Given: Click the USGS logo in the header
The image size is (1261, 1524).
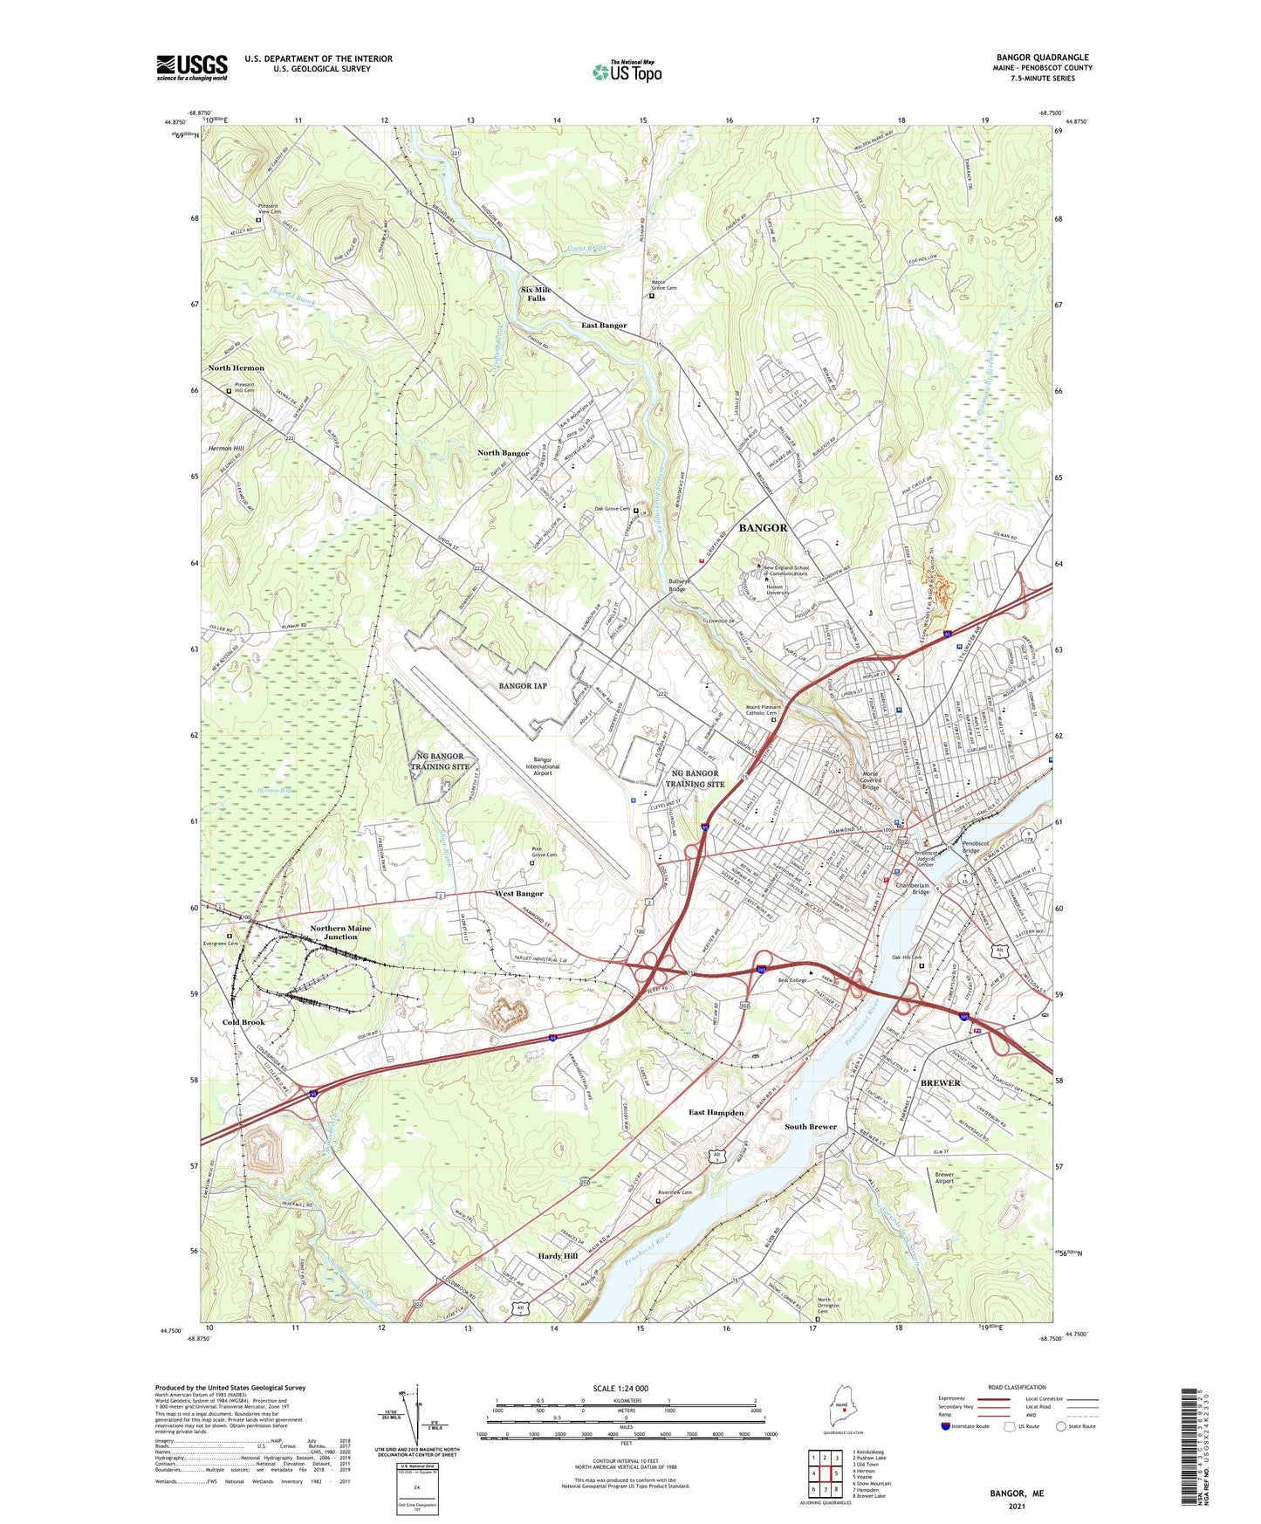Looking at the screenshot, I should (x=192, y=67).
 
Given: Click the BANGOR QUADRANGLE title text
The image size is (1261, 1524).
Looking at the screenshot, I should (x=1042, y=58).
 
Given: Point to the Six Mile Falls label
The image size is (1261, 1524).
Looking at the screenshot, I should (x=536, y=294).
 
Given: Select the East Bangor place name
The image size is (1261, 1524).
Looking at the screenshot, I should (x=604, y=326).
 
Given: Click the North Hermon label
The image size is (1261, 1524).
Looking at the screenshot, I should (x=236, y=368).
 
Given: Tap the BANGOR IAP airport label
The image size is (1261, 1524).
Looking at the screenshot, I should (x=523, y=686).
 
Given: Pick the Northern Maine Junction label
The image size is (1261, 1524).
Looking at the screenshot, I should (x=340, y=932).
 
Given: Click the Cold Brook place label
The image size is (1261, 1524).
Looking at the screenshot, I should (x=243, y=1022).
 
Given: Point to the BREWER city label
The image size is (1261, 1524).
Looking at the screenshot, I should (x=940, y=1082).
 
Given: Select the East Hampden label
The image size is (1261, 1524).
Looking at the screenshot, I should (x=716, y=1113).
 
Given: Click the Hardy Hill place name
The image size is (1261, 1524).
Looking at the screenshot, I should (x=558, y=1256).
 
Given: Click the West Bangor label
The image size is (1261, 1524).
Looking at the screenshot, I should (x=518, y=894).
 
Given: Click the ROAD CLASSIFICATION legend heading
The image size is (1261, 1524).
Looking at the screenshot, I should (x=1017, y=1387).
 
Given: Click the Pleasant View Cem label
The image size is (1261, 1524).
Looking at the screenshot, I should (x=270, y=209).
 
